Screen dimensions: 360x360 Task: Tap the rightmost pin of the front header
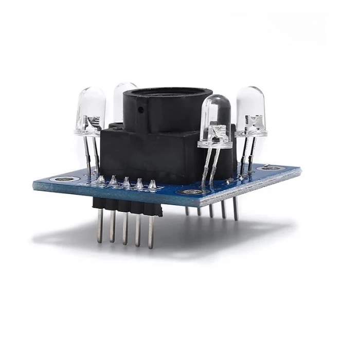coord(151,231)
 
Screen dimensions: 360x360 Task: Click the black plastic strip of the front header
coord(126,204)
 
